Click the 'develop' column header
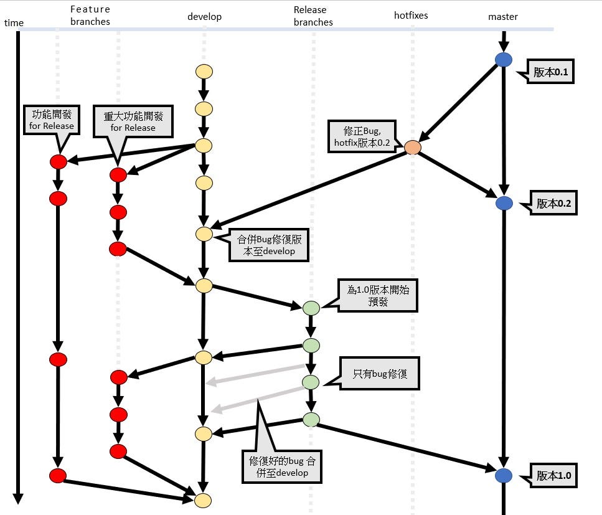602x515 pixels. click(x=204, y=17)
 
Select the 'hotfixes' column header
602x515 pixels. click(x=411, y=15)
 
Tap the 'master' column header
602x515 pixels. click(x=502, y=17)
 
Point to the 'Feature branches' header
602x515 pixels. click(x=90, y=16)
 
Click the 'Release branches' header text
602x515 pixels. click(x=313, y=16)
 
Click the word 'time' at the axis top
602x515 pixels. click(x=14, y=23)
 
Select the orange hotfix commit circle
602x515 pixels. click(x=412, y=148)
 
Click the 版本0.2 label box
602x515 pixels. click(x=554, y=204)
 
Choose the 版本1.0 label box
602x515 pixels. click(x=553, y=475)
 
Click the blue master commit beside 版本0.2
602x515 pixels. click(x=504, y=203)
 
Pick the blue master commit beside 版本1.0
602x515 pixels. click(x=503, y=475)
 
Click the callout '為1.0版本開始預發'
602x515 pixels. click(x=378, y=295)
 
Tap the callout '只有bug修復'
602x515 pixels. click(x=379, y=374)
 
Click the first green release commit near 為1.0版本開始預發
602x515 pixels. click(x=311, y=308)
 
